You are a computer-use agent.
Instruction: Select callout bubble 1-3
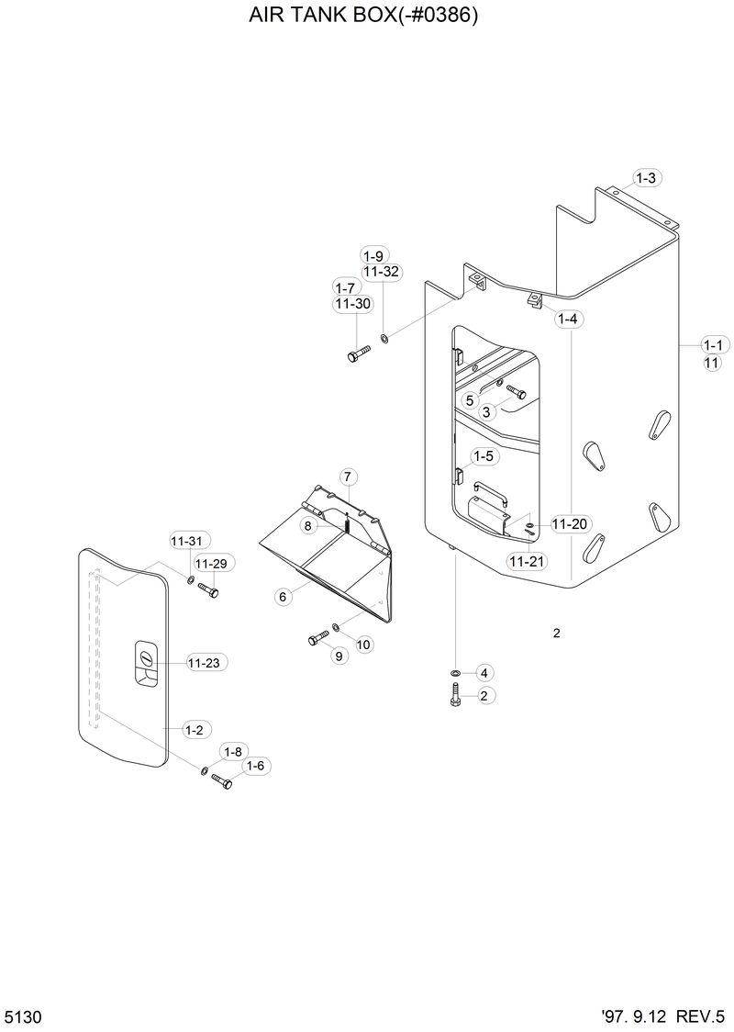646,178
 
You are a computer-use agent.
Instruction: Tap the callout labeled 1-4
568,320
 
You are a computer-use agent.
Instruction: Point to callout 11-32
380,272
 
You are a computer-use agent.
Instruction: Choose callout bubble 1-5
484,456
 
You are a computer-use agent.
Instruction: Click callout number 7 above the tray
348,477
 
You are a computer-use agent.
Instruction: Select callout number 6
283,597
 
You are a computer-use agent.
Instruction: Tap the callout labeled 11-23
207,662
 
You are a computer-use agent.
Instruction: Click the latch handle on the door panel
145,660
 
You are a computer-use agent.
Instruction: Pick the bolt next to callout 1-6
222,780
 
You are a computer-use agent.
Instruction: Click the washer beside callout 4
455,673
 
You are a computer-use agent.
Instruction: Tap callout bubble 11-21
526,561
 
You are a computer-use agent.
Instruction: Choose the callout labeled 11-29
210,563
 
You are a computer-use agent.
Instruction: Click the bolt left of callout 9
317,638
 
